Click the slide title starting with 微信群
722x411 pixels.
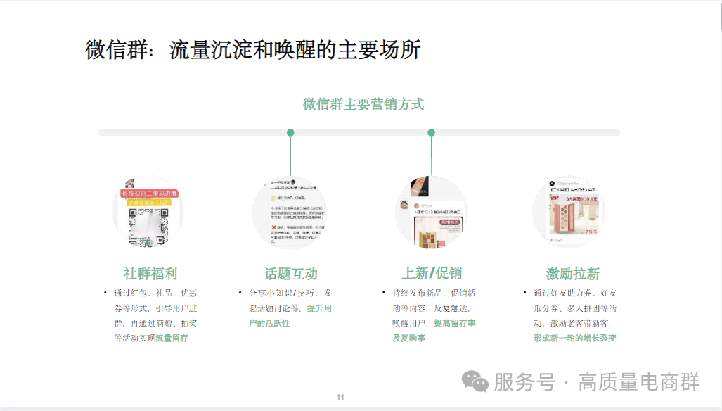point(253,51)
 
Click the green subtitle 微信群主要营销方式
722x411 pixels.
point(363,104)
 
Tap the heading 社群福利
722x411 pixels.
point(150,274)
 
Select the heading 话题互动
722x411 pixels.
point(291,274)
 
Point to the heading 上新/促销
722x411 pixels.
point(432,273)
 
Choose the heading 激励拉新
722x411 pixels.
point(572,274)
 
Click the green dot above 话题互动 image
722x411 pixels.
point(290,132)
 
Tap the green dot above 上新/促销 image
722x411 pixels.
point(431,132)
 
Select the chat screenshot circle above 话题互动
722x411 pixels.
point(290,213)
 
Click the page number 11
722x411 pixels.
point(340,398)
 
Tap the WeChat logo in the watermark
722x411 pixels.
point(475,382)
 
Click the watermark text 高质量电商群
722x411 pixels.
point(638,382)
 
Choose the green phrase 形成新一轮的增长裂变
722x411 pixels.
point(574,338)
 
